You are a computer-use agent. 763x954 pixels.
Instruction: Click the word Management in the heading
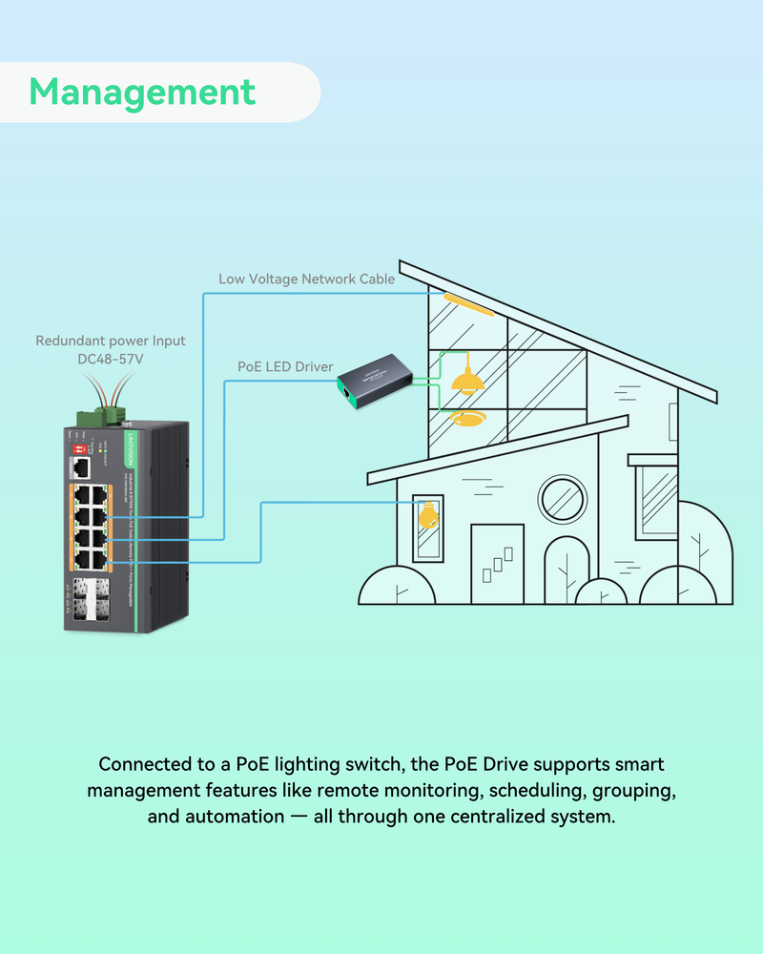click(142, 93)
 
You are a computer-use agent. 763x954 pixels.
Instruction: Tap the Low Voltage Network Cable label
click(307, 280)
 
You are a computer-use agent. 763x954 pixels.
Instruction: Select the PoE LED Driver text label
click(285, 367)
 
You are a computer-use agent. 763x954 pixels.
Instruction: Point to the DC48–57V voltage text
click(111, 360)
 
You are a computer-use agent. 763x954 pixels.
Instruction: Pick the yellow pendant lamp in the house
click(466, 382)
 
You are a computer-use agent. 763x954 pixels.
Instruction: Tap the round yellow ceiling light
click(467, 418)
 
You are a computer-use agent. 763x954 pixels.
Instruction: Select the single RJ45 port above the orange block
click(80, 467)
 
